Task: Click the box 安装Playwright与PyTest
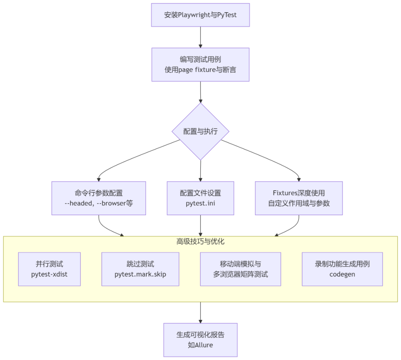(x=200, y=15)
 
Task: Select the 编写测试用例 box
(x=200, y=64)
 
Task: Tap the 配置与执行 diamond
(x=200, y=132)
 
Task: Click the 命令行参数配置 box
(x=99, y=198)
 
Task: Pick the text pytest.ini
(x=200, y=204)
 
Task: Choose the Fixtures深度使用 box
(x=299, y=198)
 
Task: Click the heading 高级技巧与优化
(x=200, y=241)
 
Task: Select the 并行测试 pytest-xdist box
(x=49, y=269)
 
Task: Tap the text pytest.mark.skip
(x=140, y=275)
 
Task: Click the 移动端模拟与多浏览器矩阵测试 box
(x=241, y=269)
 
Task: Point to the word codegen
(x=342, y=275)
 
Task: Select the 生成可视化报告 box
(x=200, y=340)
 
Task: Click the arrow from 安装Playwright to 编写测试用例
(x=200, y=37)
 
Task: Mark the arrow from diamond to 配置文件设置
(x=200, y=171)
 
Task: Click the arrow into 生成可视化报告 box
(x=200, y=312)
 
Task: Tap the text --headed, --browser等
(x=99, y=204)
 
